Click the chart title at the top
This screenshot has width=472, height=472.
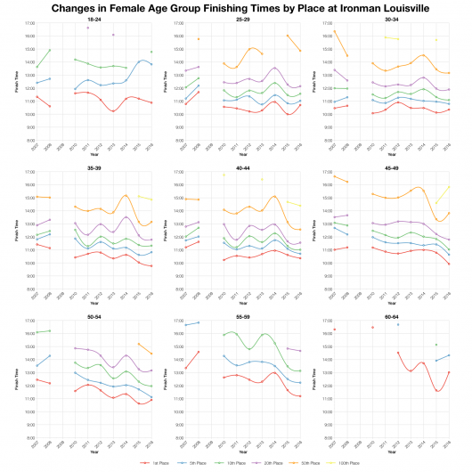coord(236,7)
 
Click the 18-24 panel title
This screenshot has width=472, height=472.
coord(94,18)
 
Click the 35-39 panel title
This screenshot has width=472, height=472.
coord(94,166)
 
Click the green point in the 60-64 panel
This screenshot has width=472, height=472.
coord(398,324)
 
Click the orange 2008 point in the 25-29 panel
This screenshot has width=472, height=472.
coord(199,39)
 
